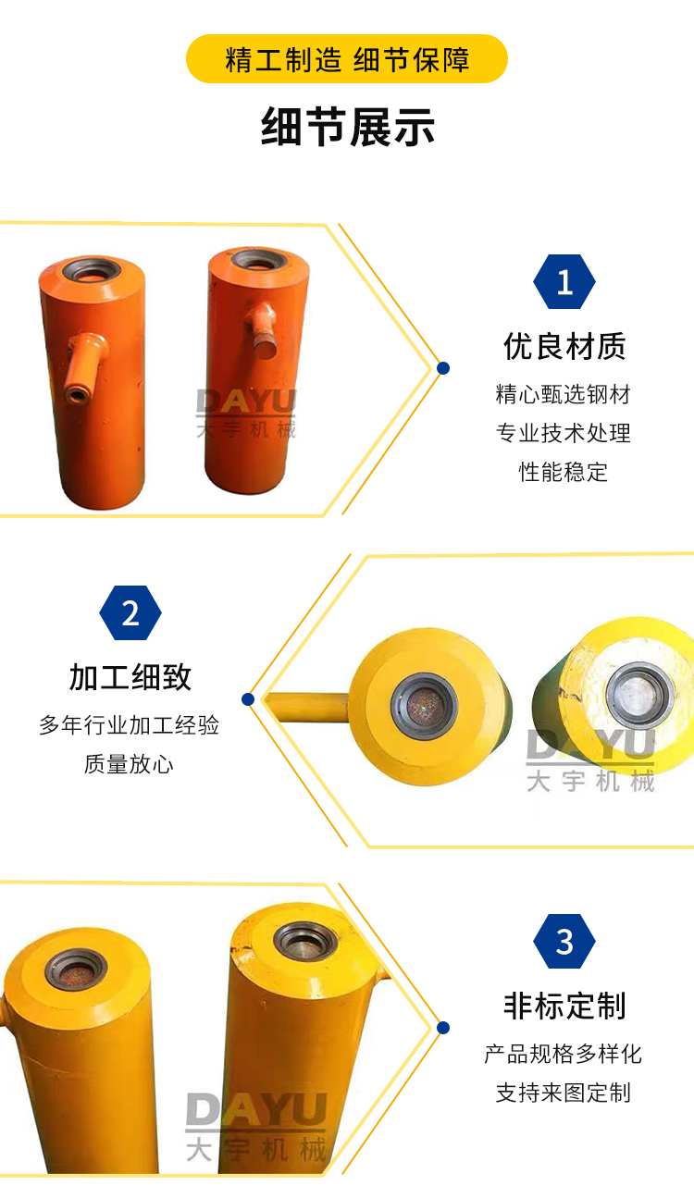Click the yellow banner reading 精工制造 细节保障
347,59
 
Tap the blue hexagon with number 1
564,282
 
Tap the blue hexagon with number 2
130,613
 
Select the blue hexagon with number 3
564,942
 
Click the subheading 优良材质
564,346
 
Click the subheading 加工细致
130,677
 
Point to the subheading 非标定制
564,1006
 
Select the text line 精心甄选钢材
563,395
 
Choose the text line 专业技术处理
563,433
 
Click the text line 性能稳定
563,472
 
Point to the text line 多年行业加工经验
129,725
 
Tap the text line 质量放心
129,764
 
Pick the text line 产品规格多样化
563,1054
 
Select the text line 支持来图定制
563,1093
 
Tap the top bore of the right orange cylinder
259,261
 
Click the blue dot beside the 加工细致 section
248,699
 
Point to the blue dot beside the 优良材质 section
443,368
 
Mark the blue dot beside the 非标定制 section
443,1028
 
